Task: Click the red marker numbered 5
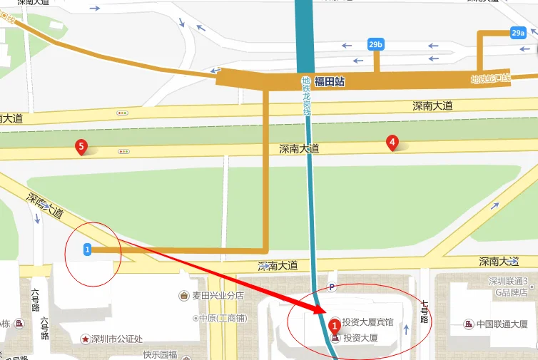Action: (x=81, y=147)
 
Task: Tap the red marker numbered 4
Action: (x=392, y=143)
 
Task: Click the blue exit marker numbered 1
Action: (x=87, y=250)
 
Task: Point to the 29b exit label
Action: (x=376, y=45)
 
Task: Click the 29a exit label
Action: (x=518, y=33)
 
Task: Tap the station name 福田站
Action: (x=330, y=82)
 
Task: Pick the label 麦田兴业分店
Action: (x=218, y=295)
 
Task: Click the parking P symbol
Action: (x=330, y=287)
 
